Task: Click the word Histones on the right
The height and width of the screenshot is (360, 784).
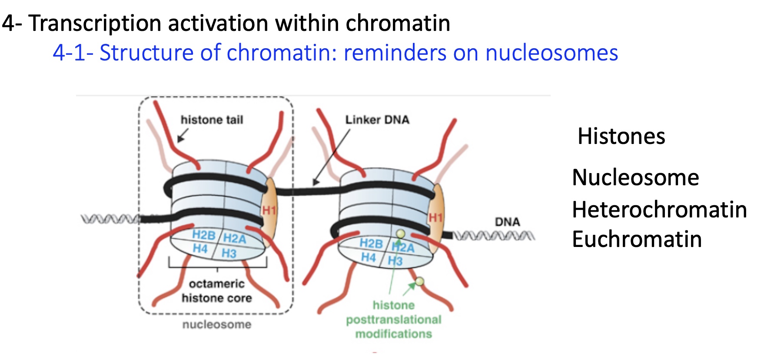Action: pyautogui.click(x=621, y=136)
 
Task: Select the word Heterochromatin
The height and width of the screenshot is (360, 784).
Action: pyautogui.click(x=659, y=210)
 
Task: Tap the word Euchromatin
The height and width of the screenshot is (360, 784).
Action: pyautogui.click(x=637, y=239)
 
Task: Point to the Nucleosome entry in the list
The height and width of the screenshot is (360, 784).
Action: pyautogui.click(x=635, y=177)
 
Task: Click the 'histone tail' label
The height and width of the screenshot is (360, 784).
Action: pyautogui.click(x=212, y=120)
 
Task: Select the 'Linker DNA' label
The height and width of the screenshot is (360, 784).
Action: pyautogui.click(x=377, y=120)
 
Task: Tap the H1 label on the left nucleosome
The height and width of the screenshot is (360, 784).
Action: pyautogui.click(x=269, y=211)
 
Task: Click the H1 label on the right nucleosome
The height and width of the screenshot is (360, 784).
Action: pyautogui.click(x=435, y=217)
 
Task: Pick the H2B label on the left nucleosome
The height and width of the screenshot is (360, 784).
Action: pyautogui.click(x=204, y=235)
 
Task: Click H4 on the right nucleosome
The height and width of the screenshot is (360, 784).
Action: pyautogui.click(x=369, y=257)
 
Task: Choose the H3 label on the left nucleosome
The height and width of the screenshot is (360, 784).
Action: pyautogui.click(x=229, y=253)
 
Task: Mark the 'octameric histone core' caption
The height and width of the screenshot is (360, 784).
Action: pyautogui.click(x=216, y=291)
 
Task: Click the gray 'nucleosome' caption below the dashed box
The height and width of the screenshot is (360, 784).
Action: pyautogui.click(x=216, y=324)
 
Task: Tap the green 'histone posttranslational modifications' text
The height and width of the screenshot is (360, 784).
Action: pyautogui.click(x=393, y=320)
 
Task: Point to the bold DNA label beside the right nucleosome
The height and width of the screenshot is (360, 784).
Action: pyautogui.click(x=507, y=222)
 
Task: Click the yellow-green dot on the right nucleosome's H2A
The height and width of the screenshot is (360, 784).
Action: pyautogui.click(x=401, y=234)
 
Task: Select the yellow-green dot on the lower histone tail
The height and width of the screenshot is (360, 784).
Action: pyautogui.click(x=419, y=281)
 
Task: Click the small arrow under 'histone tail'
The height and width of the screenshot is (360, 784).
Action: pyautogui.click(x=182, y=137)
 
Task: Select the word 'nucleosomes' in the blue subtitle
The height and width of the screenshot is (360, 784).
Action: pyautogui.click(x=551, y=53)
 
